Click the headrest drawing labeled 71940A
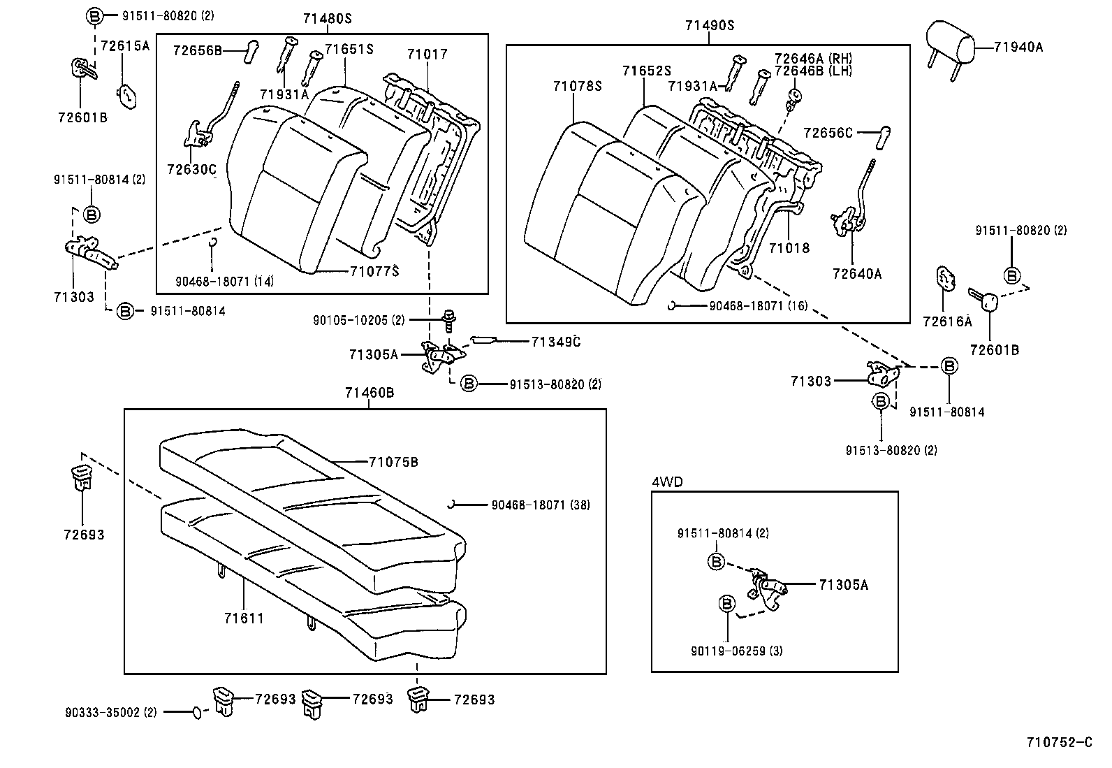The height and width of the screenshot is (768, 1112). (949, 43)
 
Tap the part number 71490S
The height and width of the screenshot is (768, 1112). (709, 26)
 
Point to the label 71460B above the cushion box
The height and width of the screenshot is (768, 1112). (369, 393)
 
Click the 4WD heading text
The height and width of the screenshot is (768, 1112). (667, 481)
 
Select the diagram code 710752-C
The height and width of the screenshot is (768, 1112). (1058, 742)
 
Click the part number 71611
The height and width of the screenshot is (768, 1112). (244, 618)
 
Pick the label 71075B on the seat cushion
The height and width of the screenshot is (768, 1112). (393, 462)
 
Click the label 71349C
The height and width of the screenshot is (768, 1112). (556, 342)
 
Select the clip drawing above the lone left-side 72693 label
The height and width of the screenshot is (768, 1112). (82, 477)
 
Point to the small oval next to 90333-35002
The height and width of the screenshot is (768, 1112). (198, 712)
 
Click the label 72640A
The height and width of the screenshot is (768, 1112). (857, 274)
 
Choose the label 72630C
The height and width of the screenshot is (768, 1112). (192, 169)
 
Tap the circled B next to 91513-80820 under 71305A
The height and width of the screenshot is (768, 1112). (469, 384)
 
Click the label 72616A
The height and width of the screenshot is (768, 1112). (947, 321)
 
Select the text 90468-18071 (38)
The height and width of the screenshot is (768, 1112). (540, 505)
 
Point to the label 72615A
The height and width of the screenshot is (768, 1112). (126, 46)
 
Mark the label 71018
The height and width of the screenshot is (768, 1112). (789, 248)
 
